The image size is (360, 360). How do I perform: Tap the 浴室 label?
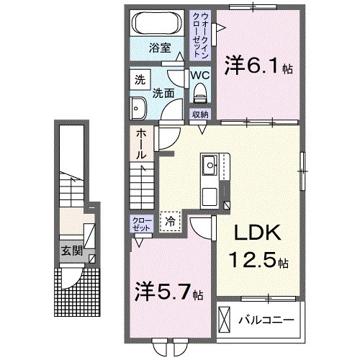click(160, 49)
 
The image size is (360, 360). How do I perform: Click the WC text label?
click(200, 73)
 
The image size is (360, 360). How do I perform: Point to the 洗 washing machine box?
click(140, 81)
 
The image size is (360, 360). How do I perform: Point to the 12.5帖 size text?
click(260, 260)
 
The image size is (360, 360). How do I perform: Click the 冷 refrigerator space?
click(171, 222)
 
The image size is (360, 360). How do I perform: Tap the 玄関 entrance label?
click(70, 251)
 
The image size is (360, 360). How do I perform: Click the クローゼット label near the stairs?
click(140, 222)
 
